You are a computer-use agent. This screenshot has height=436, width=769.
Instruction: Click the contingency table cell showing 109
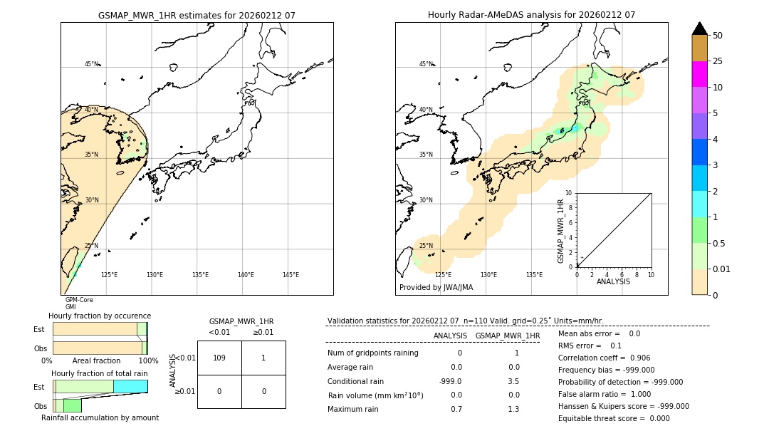click(x=219, y=358)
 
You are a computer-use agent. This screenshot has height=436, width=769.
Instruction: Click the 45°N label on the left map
click(x=91, y=64)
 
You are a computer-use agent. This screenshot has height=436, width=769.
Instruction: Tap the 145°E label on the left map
click(x=291, y=275)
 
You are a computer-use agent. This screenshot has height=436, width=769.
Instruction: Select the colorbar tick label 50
click(x=718, y=35)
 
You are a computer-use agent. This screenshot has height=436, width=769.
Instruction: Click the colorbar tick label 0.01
click(x=722, y=269)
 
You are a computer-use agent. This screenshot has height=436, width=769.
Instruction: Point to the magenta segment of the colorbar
click(x=699, y=74)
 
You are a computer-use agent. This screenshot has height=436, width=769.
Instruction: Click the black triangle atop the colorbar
click(x=699, y=28)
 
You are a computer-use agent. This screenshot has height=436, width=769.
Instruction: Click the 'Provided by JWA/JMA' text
click(x=436, y=288)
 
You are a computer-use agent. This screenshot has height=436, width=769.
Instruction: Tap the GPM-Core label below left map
click(x=79, y=300)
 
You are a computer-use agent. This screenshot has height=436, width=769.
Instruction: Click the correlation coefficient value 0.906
click(x=635, y=358)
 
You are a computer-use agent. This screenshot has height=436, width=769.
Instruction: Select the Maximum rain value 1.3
click(x=512, y=409)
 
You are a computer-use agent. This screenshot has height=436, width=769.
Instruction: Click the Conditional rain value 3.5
click(x=512, y=381)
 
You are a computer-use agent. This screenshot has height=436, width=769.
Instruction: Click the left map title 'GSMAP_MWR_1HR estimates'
click(x=197, y=15)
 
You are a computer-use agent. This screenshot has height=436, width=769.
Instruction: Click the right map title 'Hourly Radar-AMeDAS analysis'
click(x=531, y=15)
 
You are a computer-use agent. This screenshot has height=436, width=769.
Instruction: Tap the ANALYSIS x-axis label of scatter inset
click(x=613, y=281)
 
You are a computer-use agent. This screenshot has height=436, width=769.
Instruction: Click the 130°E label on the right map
click(x=488, y=275)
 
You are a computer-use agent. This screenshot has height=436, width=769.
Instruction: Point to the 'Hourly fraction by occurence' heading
click(x=100, y=316)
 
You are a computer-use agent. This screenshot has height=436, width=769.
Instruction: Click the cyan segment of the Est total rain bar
click(x=130, y=386)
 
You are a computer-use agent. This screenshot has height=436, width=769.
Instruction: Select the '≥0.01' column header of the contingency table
click(x=263, y=332)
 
